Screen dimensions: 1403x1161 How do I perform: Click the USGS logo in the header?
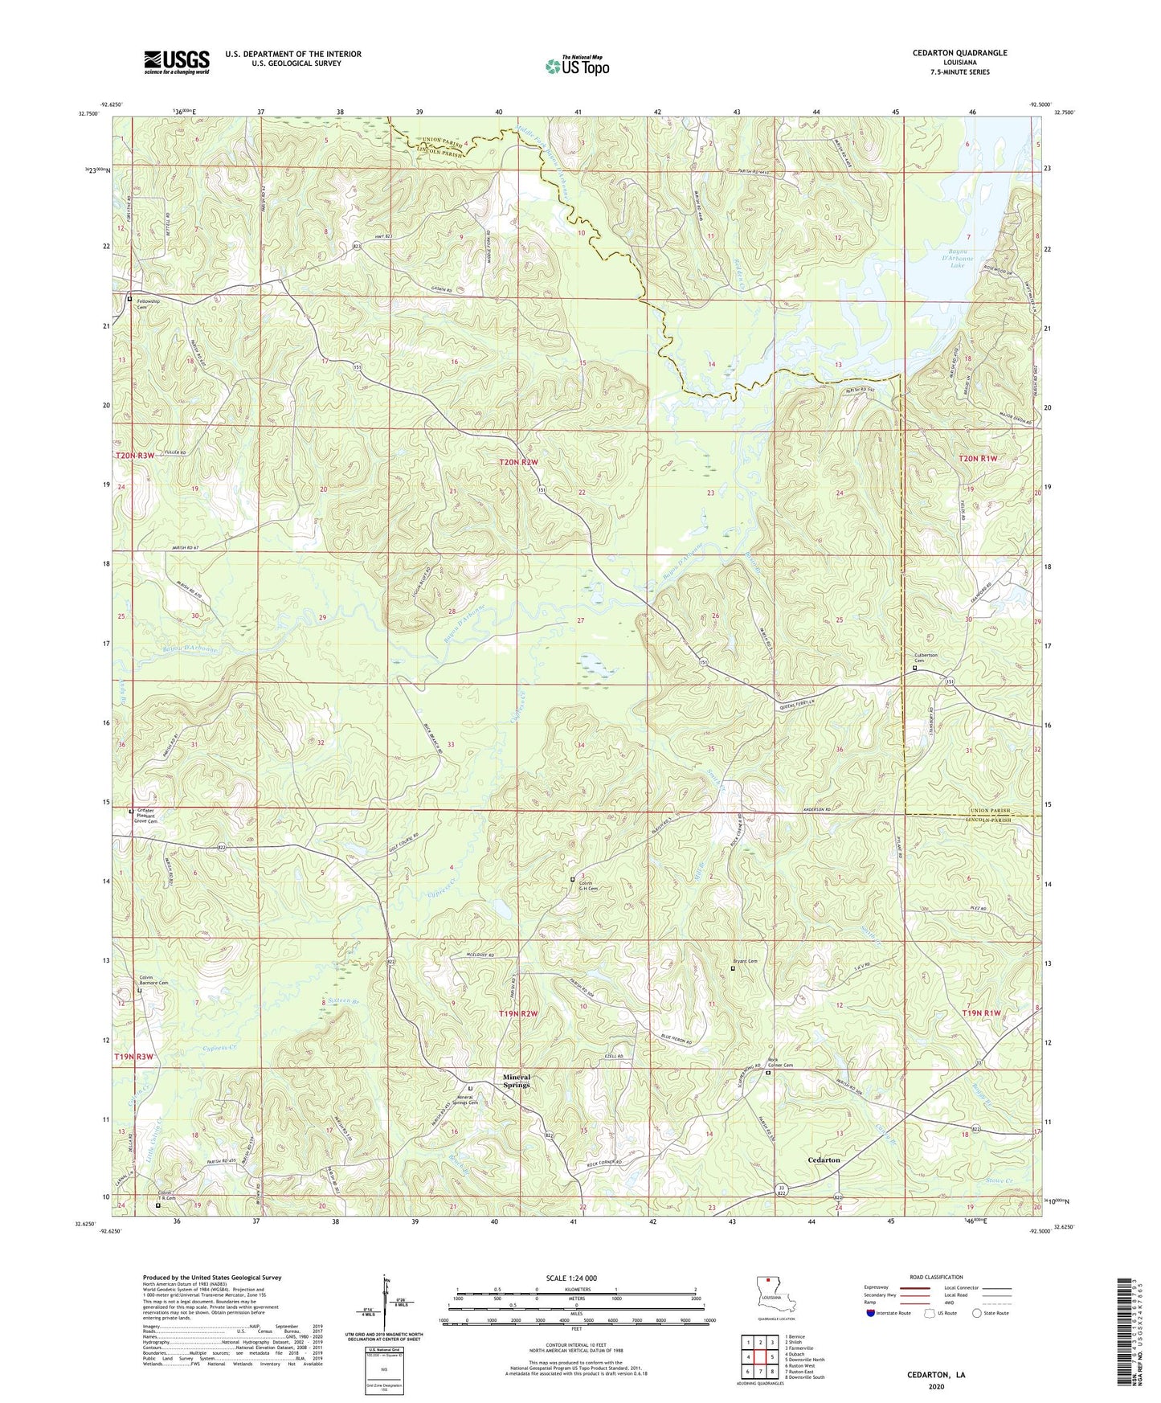pos(177,61)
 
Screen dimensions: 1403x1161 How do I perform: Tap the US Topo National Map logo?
pos(577,66)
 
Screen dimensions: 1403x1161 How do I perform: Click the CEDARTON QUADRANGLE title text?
pos(959,53)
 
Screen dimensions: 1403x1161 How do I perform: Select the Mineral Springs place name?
pos(517,1081)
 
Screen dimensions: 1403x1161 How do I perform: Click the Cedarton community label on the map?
pos(824,1160)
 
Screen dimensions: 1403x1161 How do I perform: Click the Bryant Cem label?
pos(745,961)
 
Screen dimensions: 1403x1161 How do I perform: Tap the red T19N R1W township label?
pos(984,1013)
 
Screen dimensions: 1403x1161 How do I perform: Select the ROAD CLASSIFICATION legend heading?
pos(935,1277)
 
